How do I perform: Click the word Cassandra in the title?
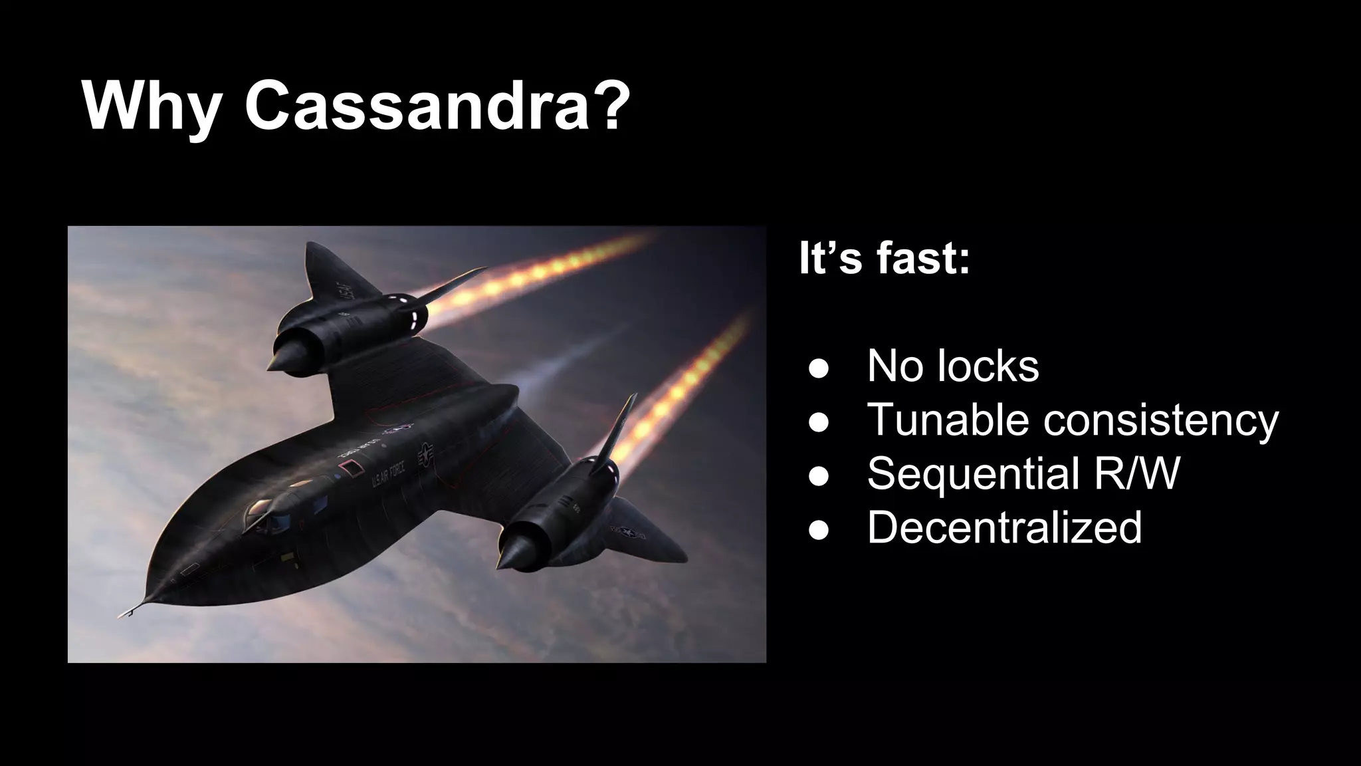point(417,106)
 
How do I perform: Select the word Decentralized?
point(1004,527)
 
